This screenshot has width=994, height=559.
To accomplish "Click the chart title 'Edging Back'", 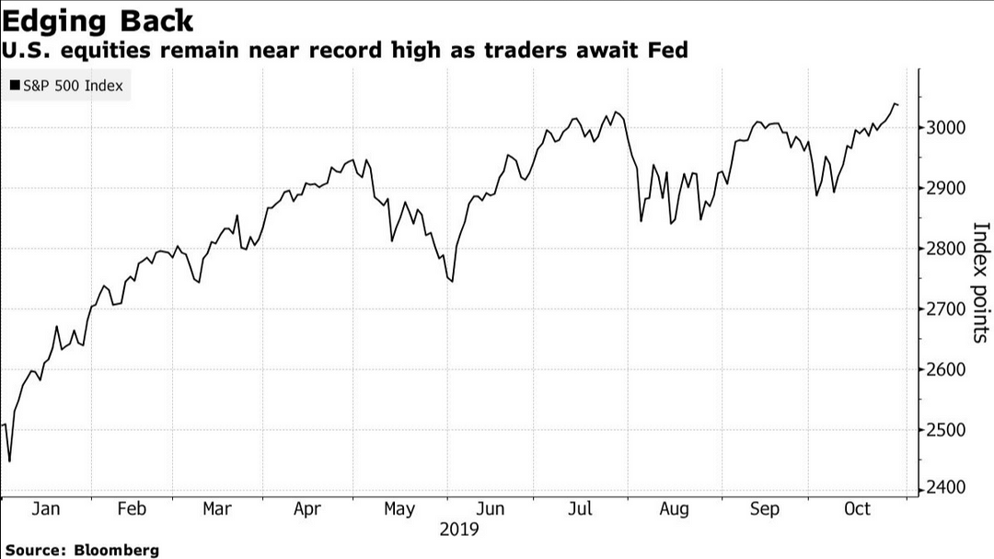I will coord(98,20).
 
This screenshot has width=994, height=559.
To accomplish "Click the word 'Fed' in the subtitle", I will coord(667,50).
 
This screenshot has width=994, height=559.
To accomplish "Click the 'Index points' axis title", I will coord(979,282).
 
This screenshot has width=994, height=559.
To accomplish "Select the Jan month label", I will coord(45,509).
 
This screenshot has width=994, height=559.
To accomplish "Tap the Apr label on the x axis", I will coord(306,509).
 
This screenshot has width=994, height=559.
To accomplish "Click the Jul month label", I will coord(580,509).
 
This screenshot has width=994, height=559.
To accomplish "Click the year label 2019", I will coord(459,530).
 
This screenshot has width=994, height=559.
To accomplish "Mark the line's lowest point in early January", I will coord(9,461).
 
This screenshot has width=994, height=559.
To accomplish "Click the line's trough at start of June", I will coord(451,281).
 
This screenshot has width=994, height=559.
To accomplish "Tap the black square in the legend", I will coord(14,87).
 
